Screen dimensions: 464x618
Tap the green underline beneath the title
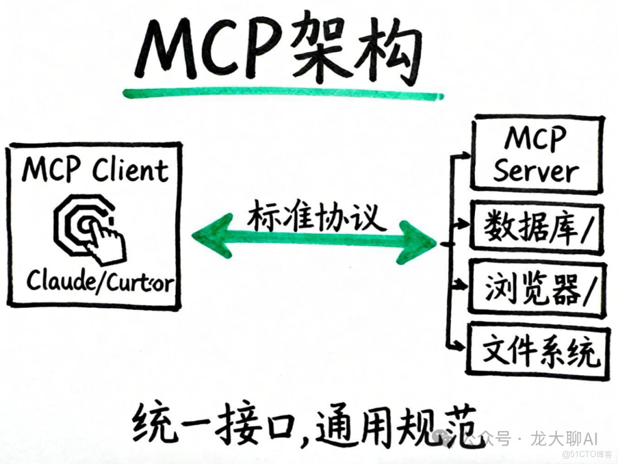click(283, 92)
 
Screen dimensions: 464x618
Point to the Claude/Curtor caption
click(101, 281)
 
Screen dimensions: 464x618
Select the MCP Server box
click(536, 153)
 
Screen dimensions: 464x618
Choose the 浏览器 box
click(536, 288)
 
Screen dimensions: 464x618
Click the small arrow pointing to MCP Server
click(461, 155)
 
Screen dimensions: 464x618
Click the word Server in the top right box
click(536, 171)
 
